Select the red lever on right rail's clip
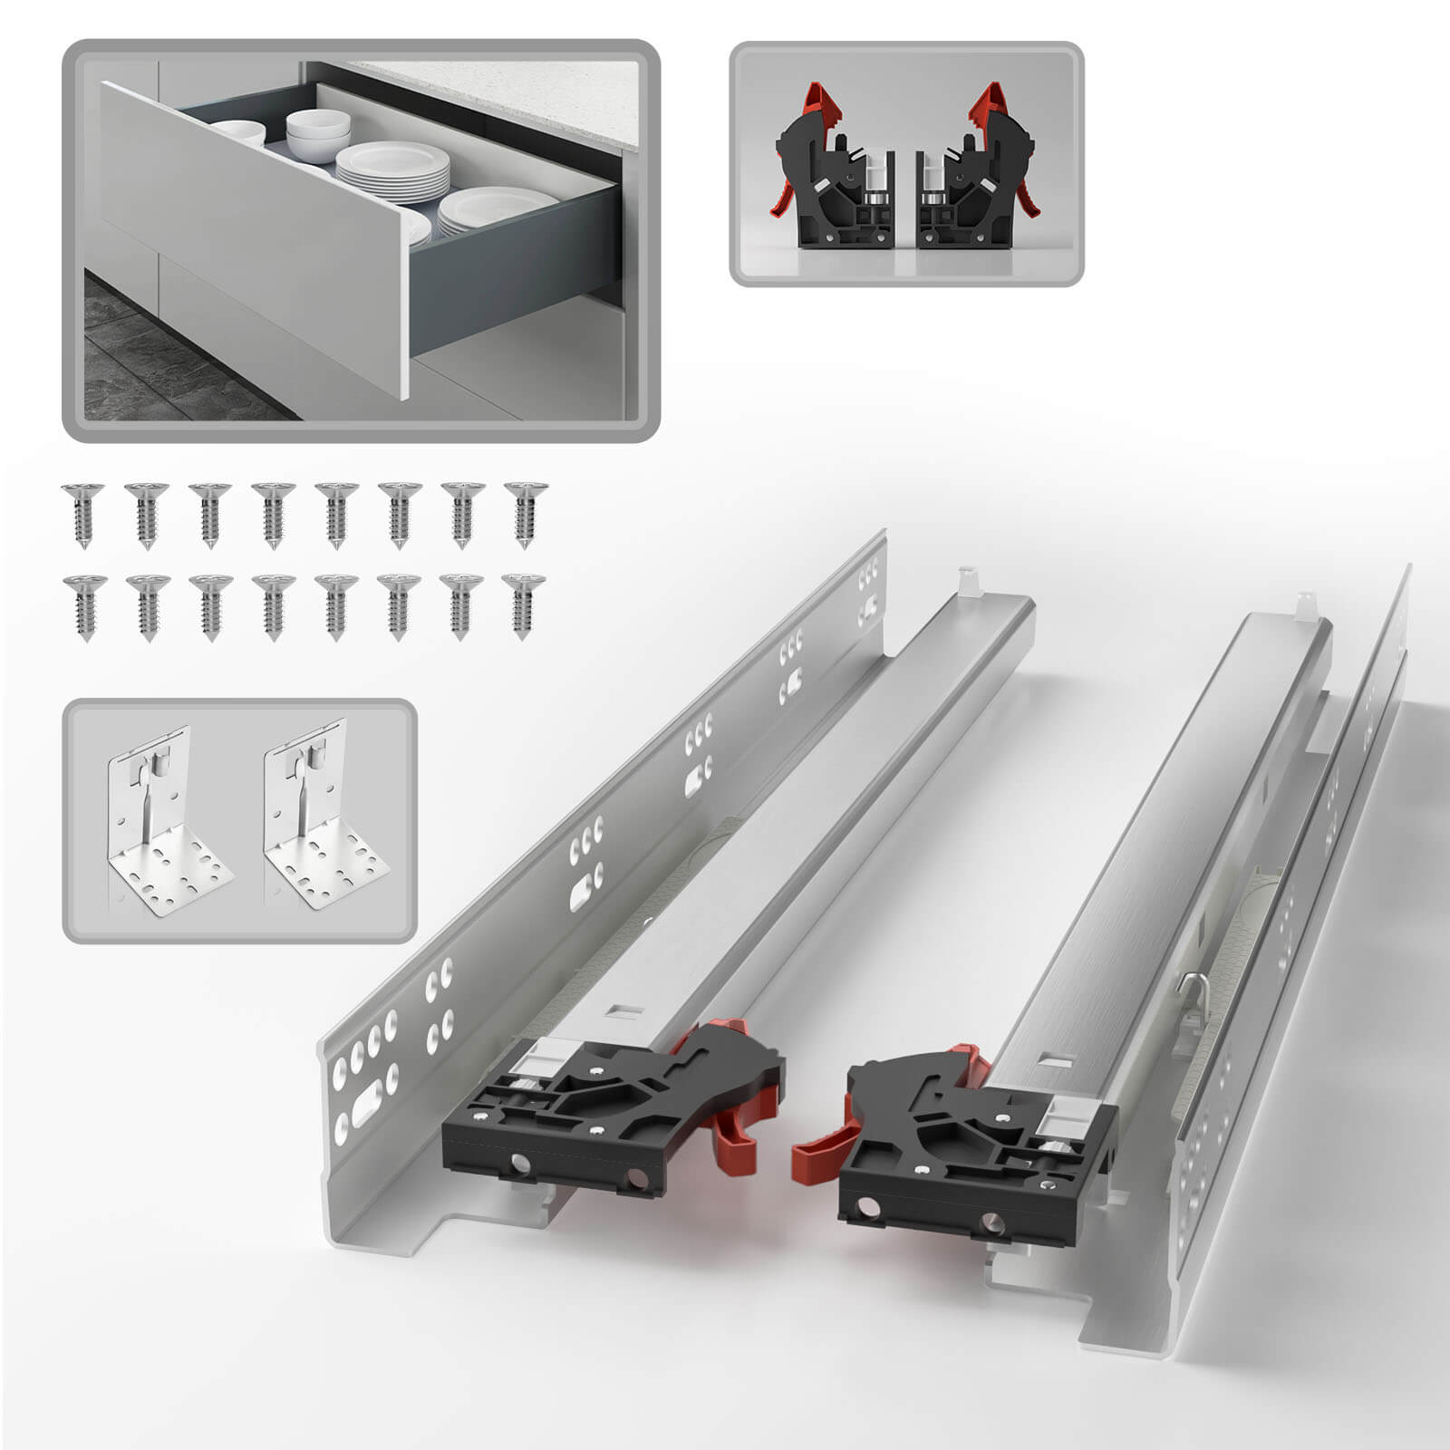pyautogui.click(x=818, y=1151)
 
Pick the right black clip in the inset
pyautogui.click(x=979, y=186)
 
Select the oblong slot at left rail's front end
pyautogui.click(x=367, y=1110)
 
